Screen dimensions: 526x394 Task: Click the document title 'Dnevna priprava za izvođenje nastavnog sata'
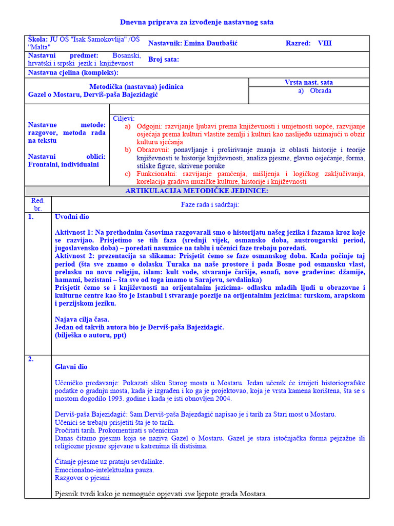[197, 22]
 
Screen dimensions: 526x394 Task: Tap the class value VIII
[325, 43]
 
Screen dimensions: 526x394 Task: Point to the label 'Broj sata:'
[164, 59]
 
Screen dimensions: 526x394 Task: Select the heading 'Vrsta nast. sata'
[308, 82]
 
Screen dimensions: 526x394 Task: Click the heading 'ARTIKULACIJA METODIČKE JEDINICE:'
[197, 191]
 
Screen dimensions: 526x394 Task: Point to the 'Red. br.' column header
[38, 204]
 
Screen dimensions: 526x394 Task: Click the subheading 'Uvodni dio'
[72, 217]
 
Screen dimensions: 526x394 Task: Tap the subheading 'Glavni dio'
[71, 367]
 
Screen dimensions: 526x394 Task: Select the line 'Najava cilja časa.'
[82, 319]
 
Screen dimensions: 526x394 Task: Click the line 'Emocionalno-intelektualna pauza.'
[104, 469]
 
